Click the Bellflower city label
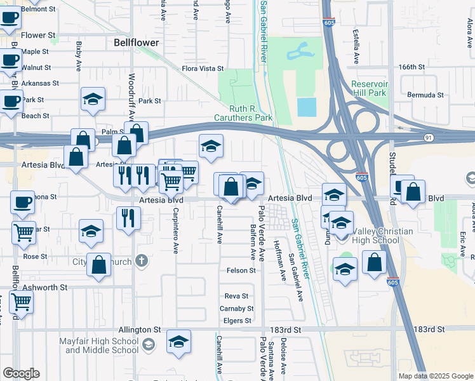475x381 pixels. pyautogui.click(x=137, y=43)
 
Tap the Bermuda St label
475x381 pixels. pyautogui.click(x=425, y=95)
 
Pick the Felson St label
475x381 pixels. pyautogui.click(x=241, y=271)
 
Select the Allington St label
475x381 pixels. pyautogui.click(x=140, y=330)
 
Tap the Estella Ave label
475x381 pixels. pyautogui.click(x=356, y=45)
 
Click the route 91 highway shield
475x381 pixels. pyautogui.click(x=429, y=137)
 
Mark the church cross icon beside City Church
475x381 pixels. pyautogui.click(x=140, y=261)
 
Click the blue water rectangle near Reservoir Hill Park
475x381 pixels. pyautogui.click(x=306, y=107)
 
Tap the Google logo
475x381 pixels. pyautogui.click(x=21, y=373)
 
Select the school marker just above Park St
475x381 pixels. pyautogui.click(x=93, y=100)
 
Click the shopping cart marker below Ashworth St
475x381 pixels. pyautogui.click(x=22, y=304)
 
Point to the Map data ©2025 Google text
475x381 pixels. pyautogui.click(x=435, y=376)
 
